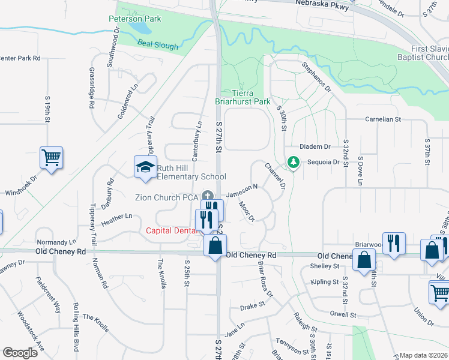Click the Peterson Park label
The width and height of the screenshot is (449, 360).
tap(135, 19)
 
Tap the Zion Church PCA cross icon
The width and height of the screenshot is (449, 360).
tap(208, 195)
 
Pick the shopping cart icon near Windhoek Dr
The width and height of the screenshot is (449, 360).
tap(51, 158)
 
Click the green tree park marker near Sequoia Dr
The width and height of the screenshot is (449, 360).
tap(293, 162)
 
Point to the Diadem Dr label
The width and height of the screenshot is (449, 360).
tap(315, 146)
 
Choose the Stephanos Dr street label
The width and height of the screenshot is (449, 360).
tap(316, 76)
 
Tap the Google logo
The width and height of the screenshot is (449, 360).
tap(20, 353)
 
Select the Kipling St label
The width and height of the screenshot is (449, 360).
tap(324, 281)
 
